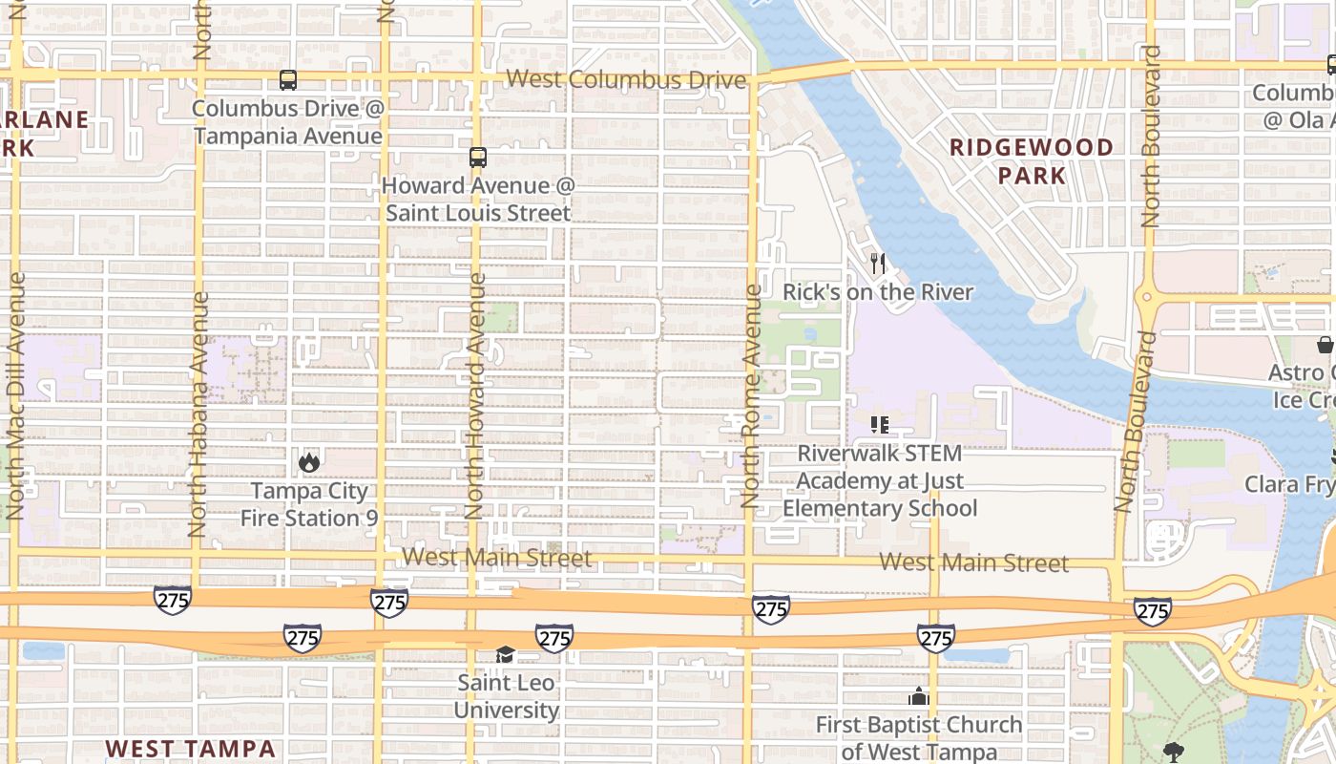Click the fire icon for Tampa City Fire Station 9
pyautogui.click(x=308, y=463)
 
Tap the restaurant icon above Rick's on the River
pyautogui.click(x=878, y=264)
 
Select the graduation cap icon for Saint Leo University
pyautogui.click(x=505, y=655)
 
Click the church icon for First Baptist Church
pyautogui.click(x=919, y=696)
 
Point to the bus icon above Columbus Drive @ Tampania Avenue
pyautogui.click(x=288, y=80)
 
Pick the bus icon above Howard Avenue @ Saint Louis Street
pyautogui.click(x=478, y=158)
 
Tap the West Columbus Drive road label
pyautogui.click(x=625, y=79)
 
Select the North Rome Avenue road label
pyautogui.click(x=752, y=395)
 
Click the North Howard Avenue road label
pyautogui.click(x=474, y=395)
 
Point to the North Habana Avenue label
pyautogui.click(x=198, y=413)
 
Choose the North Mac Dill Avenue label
pyautogui.click(x=15, y=395)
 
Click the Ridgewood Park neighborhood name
pyautogui.click(x=1032, y=161)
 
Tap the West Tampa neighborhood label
pyautogui.click(x=190, y=748)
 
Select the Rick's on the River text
pyautogui.click(x=878, y=292)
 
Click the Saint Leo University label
pyautogui.click(x=506, y=697)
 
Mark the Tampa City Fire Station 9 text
pyautogui.click(x=308, y=504)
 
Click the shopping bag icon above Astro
pyautogui.click(x=1326, y=345)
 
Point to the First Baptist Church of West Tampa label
pyautogui.click(x=919, y=738)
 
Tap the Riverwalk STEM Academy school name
pyautogui.click(x=880, y=480)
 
